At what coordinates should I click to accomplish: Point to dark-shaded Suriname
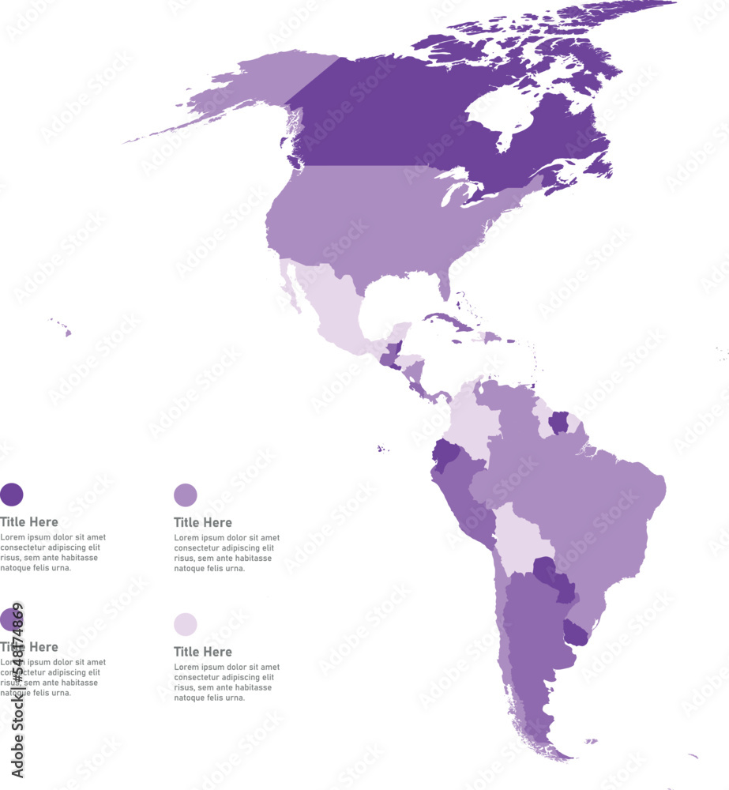tap(559, 422)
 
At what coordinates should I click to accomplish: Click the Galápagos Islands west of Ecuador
tap(382, 449)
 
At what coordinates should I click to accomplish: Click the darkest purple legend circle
tap(12, 495)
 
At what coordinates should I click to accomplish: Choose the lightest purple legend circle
tap(186, 624)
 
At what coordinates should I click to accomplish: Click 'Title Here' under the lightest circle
tap(203, 652)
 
